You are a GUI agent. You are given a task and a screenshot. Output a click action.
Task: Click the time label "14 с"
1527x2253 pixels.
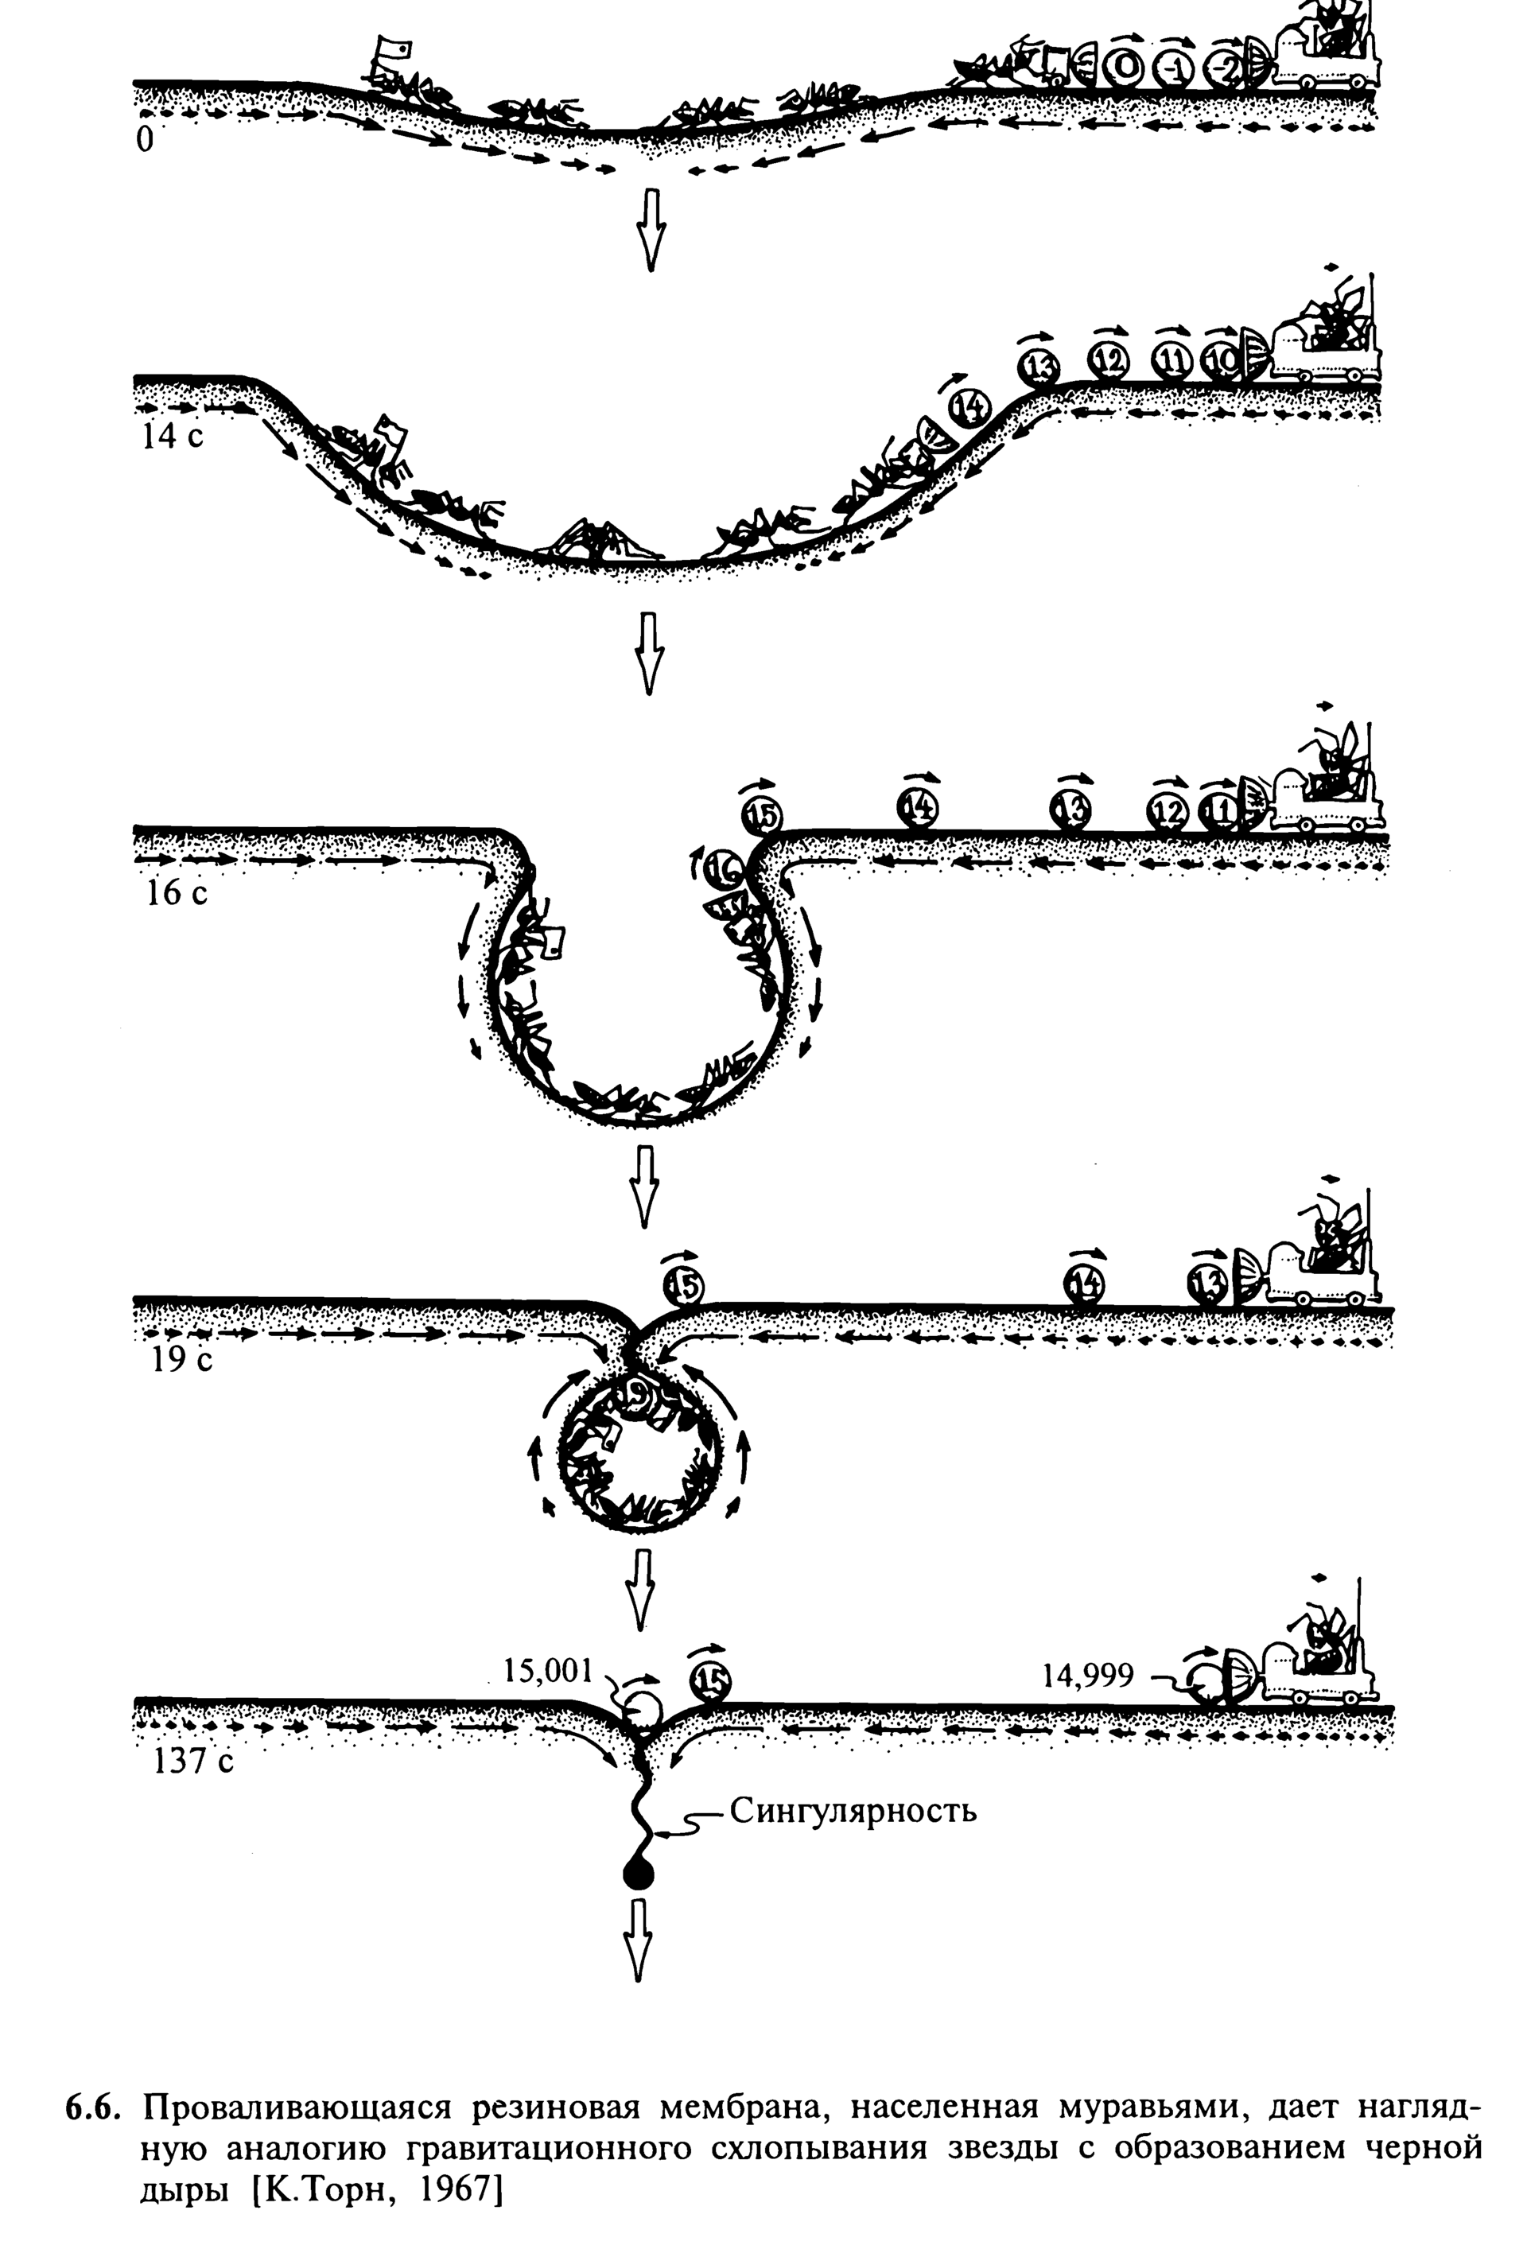173,437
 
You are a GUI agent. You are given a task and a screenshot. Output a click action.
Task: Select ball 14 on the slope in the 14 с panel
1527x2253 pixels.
966,409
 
